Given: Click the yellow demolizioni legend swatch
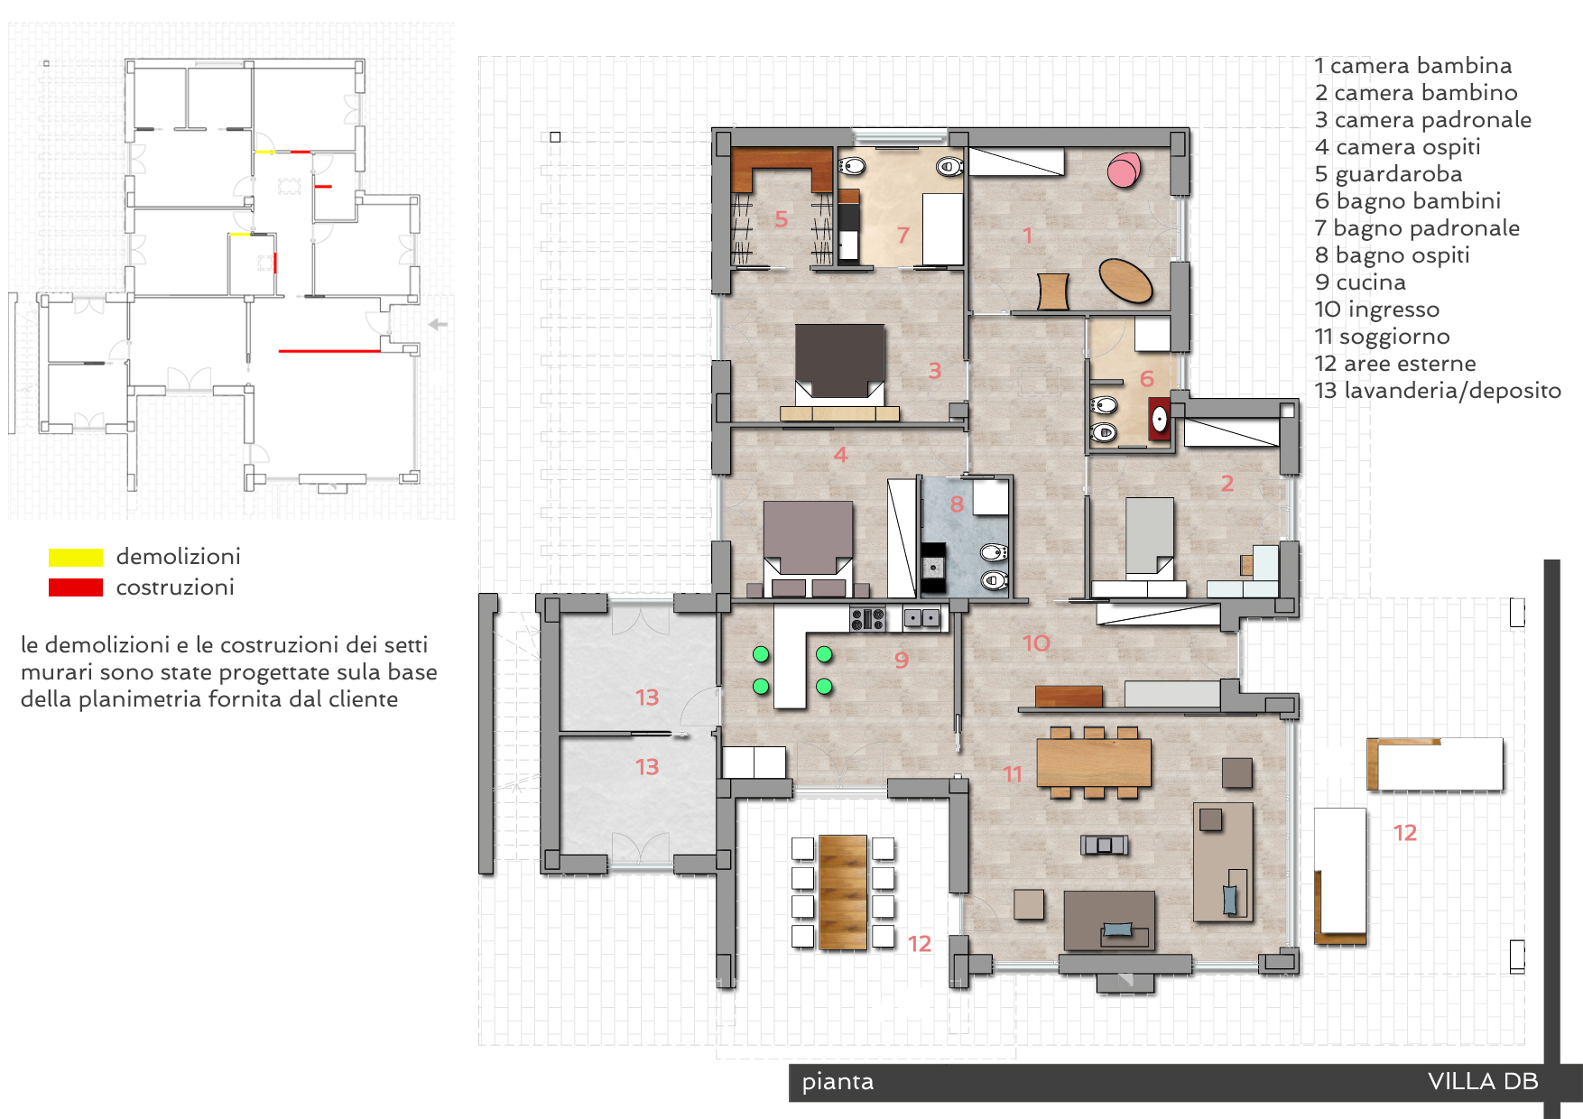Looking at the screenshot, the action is click(x=76, y=557).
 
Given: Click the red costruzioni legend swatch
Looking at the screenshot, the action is click(x=76, y=587).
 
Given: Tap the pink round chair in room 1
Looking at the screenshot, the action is click(x=1124, y=170).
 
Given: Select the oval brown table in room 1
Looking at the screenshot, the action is click(x=1125, y=281).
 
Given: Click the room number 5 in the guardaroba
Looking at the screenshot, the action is click(x=782, y=219).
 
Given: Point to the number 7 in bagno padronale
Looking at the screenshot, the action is click(x=903, y=236).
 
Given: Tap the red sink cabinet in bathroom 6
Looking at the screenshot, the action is click(x=1159, y=418).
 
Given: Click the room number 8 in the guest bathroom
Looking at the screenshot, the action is click(x=957, y=504).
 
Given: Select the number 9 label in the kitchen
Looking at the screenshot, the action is click(x=901, y=660).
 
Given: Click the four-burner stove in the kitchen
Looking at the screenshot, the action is click(x=867, y=618).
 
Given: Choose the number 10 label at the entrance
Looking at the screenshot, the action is click(x=1036, y=643).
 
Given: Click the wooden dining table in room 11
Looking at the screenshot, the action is click(x=1094, y=763).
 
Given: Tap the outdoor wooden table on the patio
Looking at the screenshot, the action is click(x=843, y=892).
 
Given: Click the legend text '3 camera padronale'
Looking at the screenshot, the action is click(x=1423, y=120).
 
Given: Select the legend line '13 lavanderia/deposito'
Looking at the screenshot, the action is click(x=1438, y=391).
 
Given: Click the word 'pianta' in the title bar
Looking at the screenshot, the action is click(x=838, y=1081).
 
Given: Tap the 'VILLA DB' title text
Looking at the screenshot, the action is click(x=1483, y=1081).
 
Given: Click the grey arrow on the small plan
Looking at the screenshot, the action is click(x=438, y=324).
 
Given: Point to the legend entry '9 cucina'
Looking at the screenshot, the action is click(x=1360, y=282).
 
